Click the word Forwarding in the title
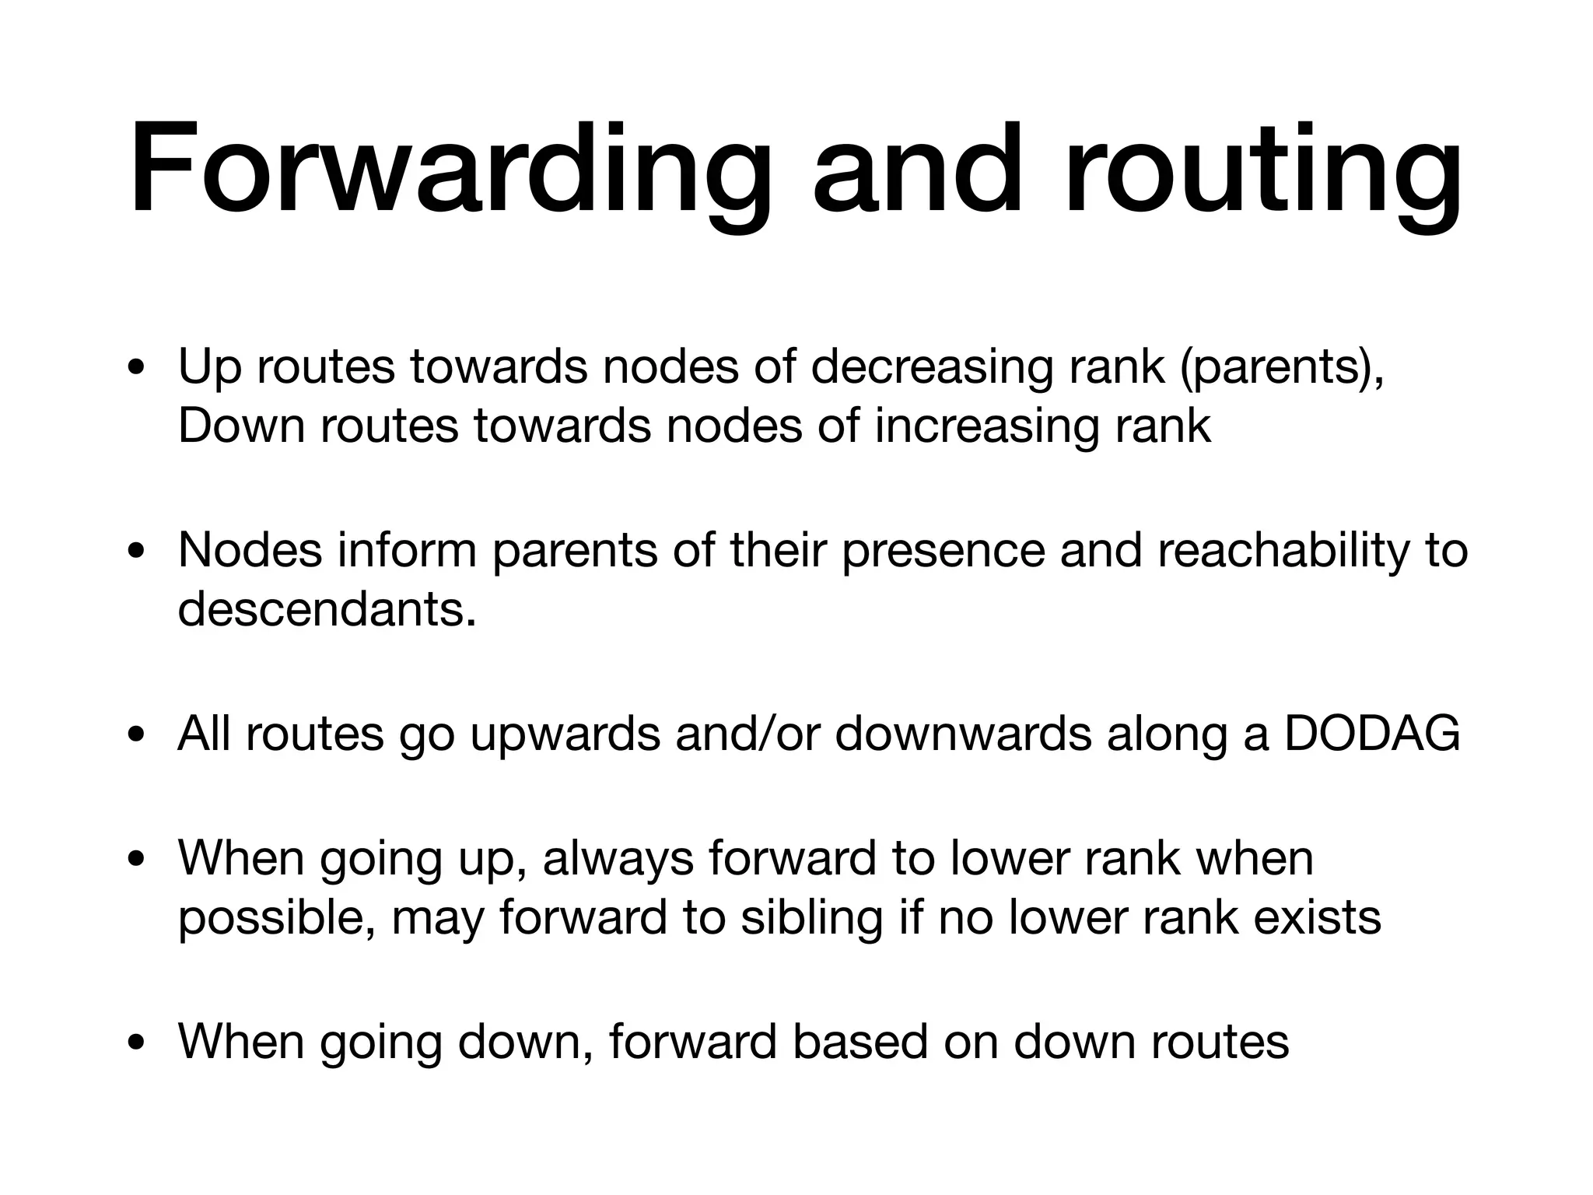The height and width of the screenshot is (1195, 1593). coord(451,170)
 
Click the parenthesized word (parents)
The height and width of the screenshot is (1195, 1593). coord(1282,365)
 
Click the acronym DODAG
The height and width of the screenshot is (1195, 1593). coord(1372,733)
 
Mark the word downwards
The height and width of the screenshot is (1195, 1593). coord(963,733)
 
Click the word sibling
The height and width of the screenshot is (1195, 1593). coord(811,917)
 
